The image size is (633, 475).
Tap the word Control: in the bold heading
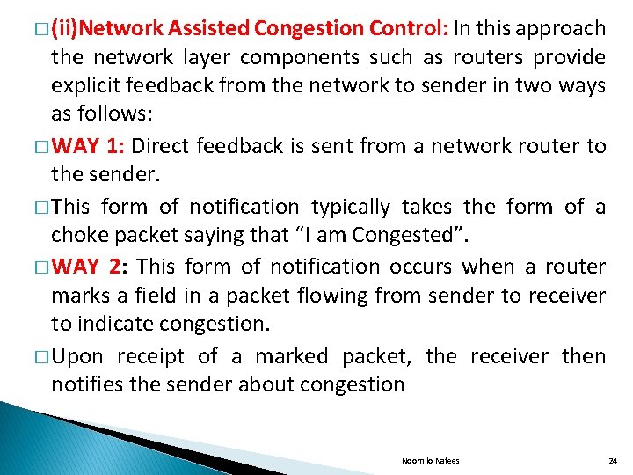410,29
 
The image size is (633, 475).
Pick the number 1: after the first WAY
115,146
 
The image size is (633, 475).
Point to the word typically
352,207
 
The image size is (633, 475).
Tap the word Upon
77,355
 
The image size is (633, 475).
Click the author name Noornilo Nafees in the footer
431,461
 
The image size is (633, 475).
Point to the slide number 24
613,461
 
